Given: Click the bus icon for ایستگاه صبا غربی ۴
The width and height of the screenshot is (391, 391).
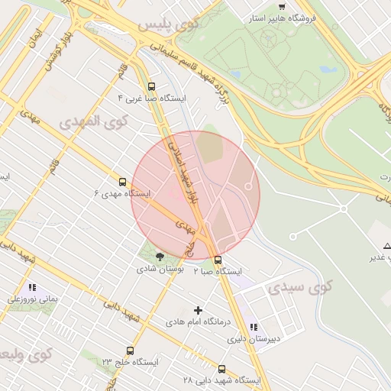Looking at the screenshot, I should (x=151, y=87).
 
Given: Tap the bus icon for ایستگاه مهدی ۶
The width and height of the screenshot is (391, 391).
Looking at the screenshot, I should (x=122, y=182).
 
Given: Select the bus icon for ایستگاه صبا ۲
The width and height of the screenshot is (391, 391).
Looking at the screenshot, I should (x=218, y=260).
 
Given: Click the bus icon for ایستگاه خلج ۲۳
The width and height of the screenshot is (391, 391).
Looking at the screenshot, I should (x=130, y=351).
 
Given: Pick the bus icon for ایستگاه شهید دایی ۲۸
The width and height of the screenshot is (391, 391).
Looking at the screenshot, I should (x=222, y=368).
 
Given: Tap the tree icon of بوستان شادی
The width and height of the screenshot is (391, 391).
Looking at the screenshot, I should (x=159, y=257).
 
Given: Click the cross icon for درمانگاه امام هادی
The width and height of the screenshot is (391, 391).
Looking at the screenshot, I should (x=199, y=310).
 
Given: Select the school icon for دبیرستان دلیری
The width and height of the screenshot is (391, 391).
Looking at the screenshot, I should (x=254, y=326).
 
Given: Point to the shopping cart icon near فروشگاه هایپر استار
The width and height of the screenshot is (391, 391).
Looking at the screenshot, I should (x=282, y=6).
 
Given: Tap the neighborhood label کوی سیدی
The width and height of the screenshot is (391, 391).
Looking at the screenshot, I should (x=301, y=288).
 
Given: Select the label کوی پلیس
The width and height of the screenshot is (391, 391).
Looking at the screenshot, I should (x=167, y=25).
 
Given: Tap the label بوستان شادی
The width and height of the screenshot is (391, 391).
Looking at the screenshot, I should (x=159, y=269).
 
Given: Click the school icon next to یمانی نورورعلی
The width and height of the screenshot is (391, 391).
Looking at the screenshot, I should (x=31, y=288).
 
